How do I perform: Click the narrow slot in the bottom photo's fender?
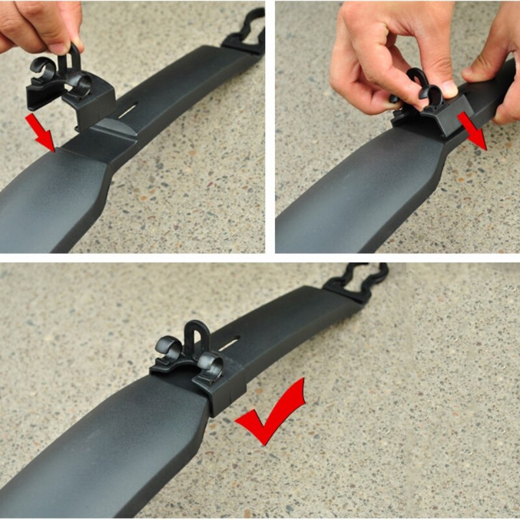[x=229, y=343]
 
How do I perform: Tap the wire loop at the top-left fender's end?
[x=246, y=32]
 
